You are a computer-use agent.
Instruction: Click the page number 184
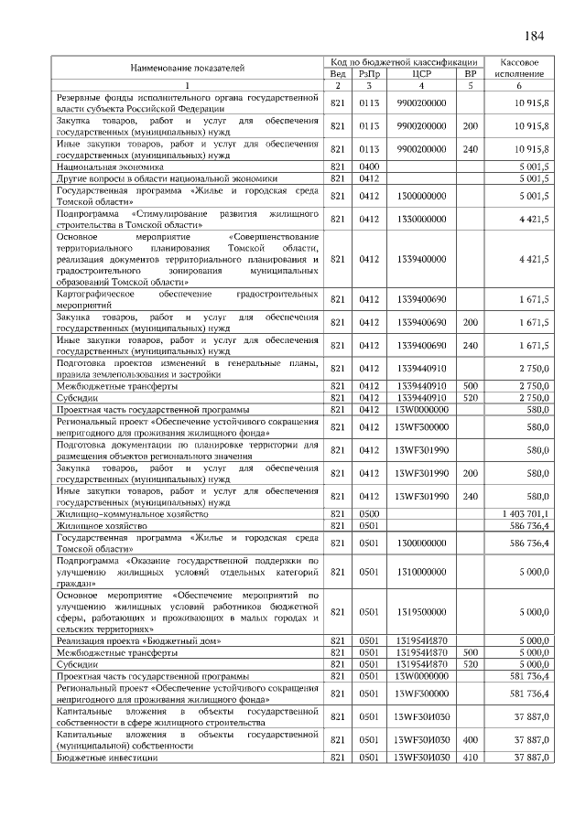tap(535, 36)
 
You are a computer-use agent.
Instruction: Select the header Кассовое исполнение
tap(519, 67)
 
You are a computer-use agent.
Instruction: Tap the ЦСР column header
tap(421, 73)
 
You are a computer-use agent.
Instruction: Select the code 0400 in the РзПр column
tap(369, 167)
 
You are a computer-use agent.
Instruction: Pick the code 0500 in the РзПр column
tap(369, 515)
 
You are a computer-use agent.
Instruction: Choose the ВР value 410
tap(471, 758)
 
